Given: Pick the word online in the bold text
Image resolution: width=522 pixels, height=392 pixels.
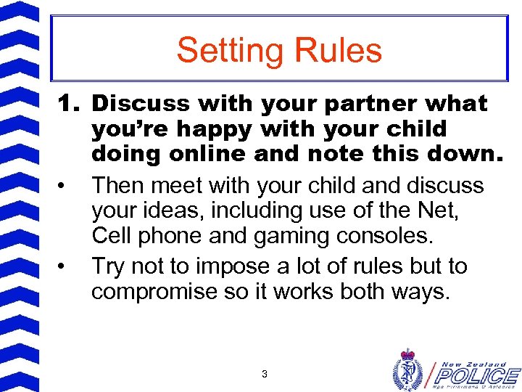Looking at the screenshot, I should [x=230, y=155].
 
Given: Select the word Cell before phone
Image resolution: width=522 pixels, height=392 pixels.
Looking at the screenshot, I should [x=114, y=237].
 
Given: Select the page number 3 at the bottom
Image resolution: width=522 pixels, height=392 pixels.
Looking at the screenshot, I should [x=264, y=375].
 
